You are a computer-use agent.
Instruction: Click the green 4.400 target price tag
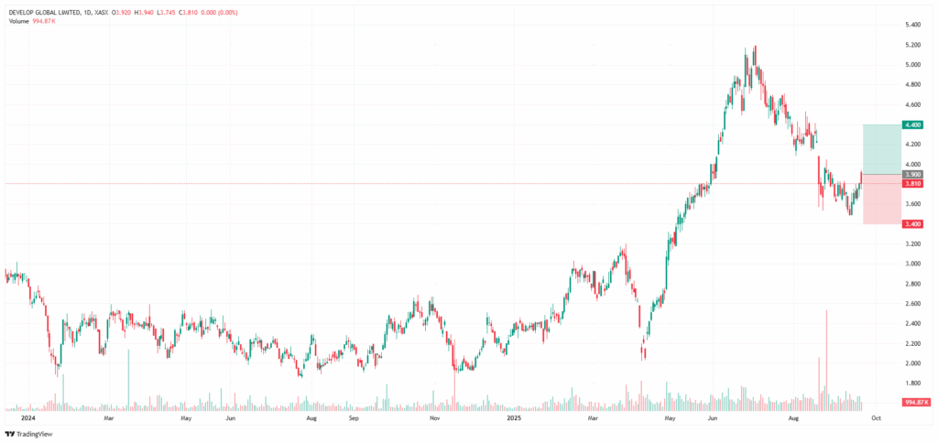[x=913, y=124]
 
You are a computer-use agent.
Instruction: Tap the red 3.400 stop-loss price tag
[x=913, y=223]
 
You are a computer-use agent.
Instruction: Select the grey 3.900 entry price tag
[x=913, y=174]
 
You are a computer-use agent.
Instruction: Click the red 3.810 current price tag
[x=913, y=184]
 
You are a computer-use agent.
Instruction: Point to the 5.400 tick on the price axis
[x=913, y=25]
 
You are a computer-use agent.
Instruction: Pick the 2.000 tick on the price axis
[x=913, y=362]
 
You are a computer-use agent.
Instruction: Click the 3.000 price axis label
[x=913, y=264]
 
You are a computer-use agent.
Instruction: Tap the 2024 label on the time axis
[x=26, y=419]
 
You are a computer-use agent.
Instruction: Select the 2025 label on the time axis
[x=513, y=419]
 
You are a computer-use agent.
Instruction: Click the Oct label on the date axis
[x=875, y=419]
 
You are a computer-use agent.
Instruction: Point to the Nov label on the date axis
[x=435, y=419]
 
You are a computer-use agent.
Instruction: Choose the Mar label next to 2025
[x=594, y=419]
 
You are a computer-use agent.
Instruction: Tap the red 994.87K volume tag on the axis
[x=915, y=402]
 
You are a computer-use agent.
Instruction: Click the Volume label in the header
[x=17, y=22]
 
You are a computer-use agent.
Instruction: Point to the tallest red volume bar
[x=826, y=360]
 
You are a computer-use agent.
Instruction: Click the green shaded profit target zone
[x=881, y=149]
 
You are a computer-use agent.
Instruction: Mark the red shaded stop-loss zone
[x=881, y=200]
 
